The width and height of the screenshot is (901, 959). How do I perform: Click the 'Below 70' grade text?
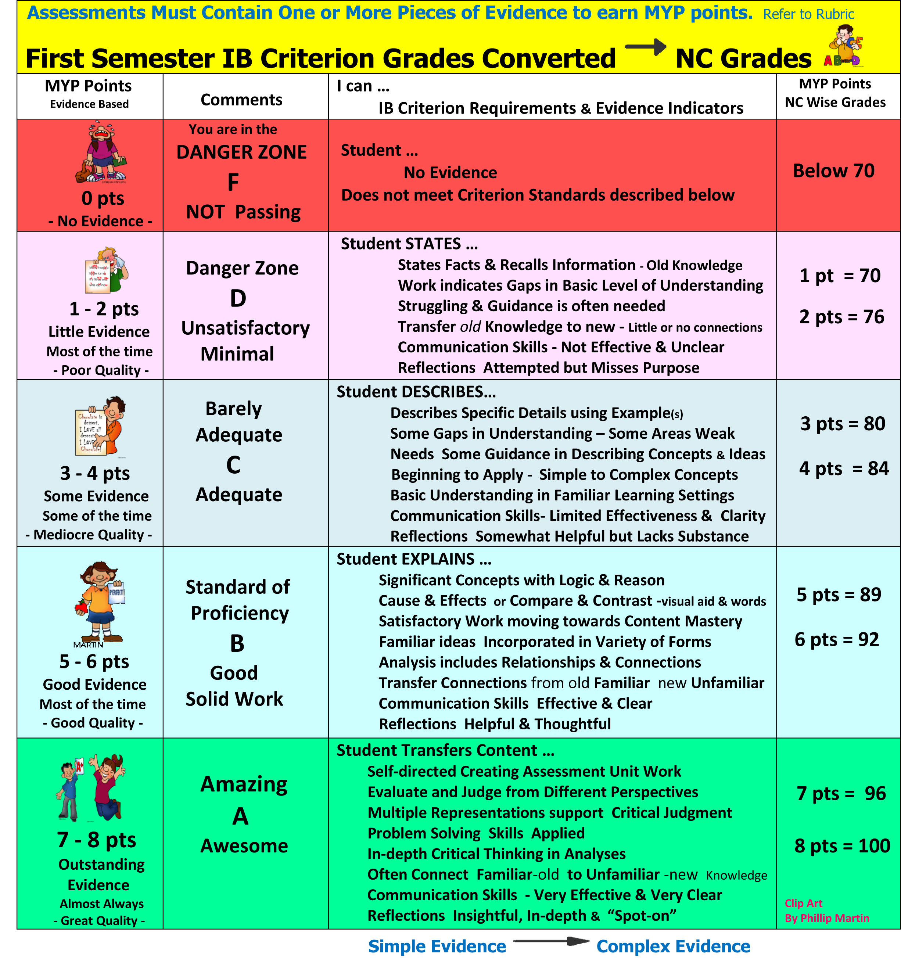click(833, 171)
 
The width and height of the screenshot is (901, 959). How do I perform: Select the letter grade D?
click(238, 299)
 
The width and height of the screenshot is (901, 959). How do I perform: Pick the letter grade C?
click(233, 465)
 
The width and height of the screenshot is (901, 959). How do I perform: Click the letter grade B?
click(237, 643)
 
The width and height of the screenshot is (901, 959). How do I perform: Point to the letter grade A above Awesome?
click(240, 816)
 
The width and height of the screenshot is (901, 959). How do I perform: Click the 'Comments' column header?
click(241, 100)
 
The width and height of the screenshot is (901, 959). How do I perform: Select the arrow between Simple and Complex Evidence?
click(551, 941)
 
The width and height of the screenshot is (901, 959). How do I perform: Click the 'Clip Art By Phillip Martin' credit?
click(826, 911)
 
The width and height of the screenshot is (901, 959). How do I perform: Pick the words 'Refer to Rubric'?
click(808, 14)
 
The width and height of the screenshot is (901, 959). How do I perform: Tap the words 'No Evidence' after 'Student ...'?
click(450, 173)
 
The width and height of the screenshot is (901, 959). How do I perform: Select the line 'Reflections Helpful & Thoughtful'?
click(494, 724)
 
